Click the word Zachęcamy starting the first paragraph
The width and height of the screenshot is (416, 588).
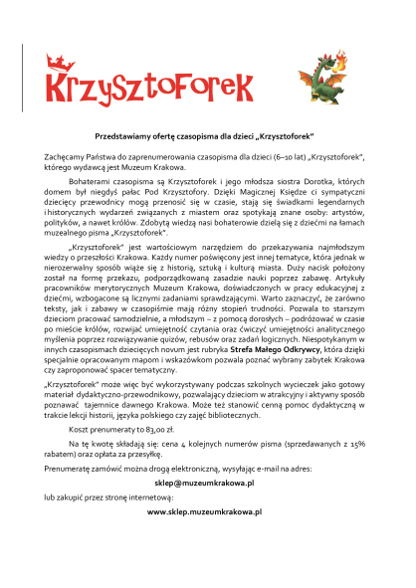[x=63, y=156]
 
